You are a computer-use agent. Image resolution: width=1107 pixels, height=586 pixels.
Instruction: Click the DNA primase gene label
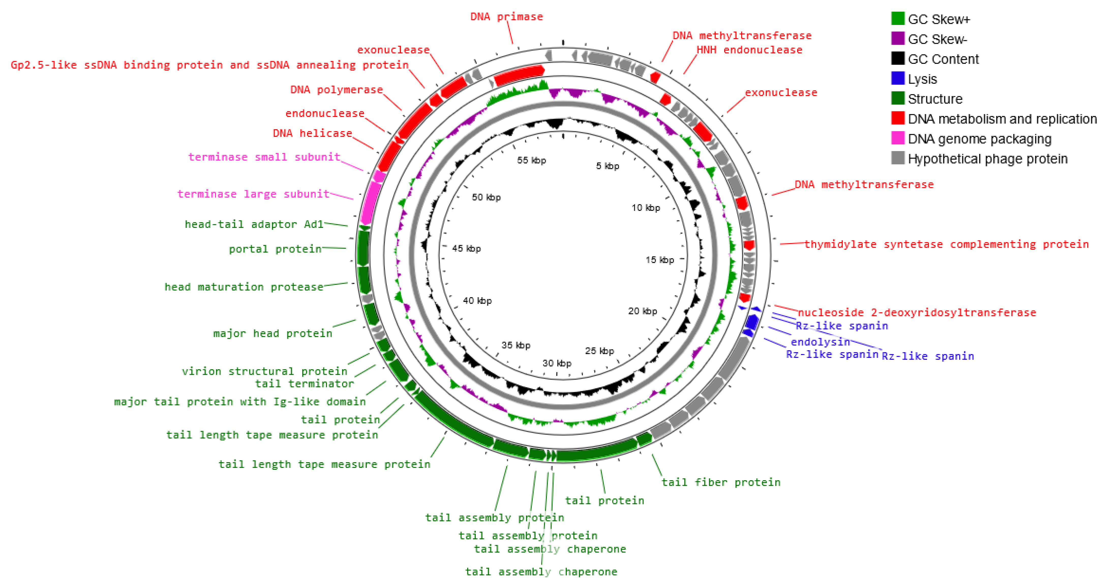click(x=506, y=17)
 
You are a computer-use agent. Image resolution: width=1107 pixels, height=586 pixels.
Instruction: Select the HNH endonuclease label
click(x=749, y=50)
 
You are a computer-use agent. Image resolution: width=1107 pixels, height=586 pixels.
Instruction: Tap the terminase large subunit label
click(x=253, y=194)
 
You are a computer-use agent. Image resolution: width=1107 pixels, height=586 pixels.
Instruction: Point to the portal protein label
click(x=275, y=249)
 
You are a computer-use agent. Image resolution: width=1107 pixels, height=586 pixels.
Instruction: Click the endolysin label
click(x=820, y=342)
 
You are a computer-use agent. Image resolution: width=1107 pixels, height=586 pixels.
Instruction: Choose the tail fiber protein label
click(x=721, y=482)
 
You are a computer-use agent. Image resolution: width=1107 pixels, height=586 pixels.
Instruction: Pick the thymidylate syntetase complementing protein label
click(x=946, y=244)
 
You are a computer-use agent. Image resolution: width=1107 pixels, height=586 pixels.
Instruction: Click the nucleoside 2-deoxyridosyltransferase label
click(x=917, y=313)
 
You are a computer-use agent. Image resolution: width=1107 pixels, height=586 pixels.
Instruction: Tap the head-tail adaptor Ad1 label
click(x=253, y=224)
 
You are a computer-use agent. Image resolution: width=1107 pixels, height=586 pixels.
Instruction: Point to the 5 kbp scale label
click(x=607, y=166)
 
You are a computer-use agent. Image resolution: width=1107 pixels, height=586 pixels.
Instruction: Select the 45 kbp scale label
click(x=466, y=248)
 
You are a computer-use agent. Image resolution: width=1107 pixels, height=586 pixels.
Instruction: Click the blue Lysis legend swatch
click(x=898, y=79)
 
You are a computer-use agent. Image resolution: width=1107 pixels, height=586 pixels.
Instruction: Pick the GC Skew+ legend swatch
click(x=898, y=19)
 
